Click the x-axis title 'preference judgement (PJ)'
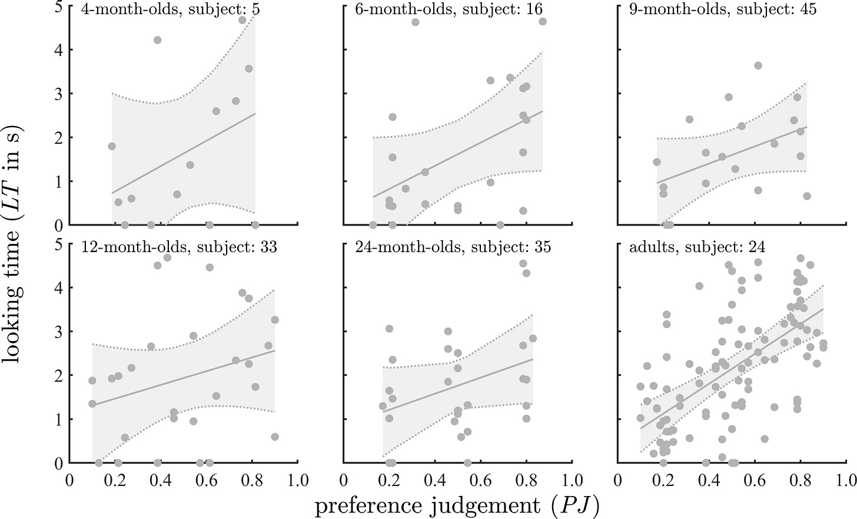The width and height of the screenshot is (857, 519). click(x=457, y=505)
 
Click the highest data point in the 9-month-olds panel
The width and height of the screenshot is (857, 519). click(x=758, y=65)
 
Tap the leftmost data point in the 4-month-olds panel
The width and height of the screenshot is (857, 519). click(x=112, y=146)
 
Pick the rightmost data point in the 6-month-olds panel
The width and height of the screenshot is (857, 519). click(x=543, y=21)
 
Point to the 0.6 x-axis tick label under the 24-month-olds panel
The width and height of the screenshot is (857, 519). click(x=480, y=480)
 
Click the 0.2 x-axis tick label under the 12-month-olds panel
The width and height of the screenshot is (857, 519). click(x=115, y=480)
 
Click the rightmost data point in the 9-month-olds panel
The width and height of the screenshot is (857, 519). click(x=807, y=196)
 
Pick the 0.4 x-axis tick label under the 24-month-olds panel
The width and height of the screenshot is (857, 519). click(x=434, y=480)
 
